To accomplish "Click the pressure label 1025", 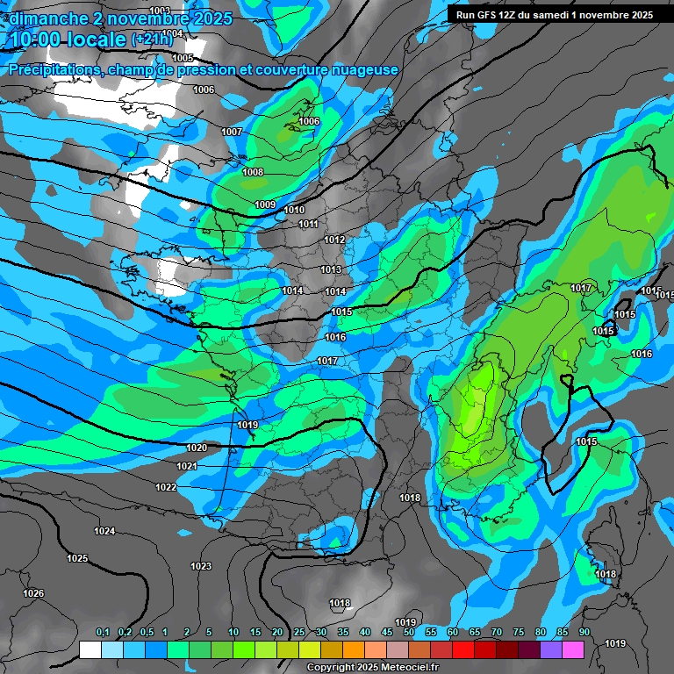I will (77, 558).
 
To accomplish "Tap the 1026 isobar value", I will (33, 593).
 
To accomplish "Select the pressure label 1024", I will (104, 531).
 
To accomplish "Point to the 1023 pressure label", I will (201, 566).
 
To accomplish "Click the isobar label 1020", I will (197, 448).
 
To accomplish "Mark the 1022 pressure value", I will (166, 487).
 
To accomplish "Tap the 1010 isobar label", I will (294, 210).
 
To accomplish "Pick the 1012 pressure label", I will (334, 240).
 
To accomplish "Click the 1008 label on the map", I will (253, 172).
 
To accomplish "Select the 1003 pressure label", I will (160, 11).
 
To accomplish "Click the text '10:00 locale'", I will (65, 39).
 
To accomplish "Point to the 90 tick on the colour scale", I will (584, 632).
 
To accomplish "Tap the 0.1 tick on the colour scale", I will (102, 632).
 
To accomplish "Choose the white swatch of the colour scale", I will (90, 649).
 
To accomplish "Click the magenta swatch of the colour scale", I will (573, 649).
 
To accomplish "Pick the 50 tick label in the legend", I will (409, 632).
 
